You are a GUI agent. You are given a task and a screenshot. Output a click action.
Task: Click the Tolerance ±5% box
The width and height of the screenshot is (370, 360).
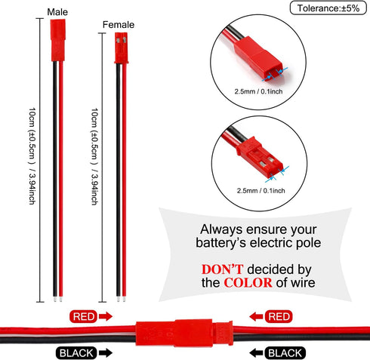pyautogui.click(x=328, y=8)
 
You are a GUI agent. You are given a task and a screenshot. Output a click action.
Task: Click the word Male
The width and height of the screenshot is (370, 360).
pyautogui.click(x=57, y=12)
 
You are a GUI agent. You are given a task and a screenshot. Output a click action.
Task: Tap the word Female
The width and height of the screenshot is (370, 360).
pyautogui.click(x=119, y=25)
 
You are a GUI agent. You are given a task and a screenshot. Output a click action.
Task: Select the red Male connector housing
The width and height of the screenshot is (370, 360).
pyautogui.click(x=58, y=40)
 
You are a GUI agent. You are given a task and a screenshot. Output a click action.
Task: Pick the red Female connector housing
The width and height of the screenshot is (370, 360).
pyautogui.click(x=122, y=48)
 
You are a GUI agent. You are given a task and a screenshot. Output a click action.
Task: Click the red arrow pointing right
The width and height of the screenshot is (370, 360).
pyautogui.click(x=106, y=316)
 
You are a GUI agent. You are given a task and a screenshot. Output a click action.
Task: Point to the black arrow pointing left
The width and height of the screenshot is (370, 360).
pyautogui.click(x=256, y=353)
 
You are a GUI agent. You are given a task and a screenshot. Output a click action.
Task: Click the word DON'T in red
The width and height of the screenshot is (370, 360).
pyautogui.click(x=222, y=269)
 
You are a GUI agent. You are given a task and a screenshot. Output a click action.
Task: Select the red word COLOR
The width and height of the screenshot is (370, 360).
pyautogui.click(x=248, y=283)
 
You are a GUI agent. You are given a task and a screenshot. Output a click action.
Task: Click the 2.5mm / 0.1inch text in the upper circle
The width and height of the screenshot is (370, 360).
pyautogui.click(x=258, y=91)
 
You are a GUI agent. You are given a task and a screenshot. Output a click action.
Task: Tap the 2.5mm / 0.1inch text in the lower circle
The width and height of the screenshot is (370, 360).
pyautogui.click(x=261, y=191)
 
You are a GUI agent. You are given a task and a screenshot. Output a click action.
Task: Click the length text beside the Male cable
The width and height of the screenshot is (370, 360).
pyautogui.click(x=32, y=156)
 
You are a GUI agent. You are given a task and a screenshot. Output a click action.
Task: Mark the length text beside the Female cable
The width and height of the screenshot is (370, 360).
pyautogui.click(x=94, y=156)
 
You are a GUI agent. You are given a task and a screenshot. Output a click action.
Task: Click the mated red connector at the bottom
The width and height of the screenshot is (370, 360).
pyautogui.click(x=184, y=333)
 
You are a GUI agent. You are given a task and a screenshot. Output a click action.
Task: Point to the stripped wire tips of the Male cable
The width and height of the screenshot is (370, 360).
pyautogui.click(x=57, y=300)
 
